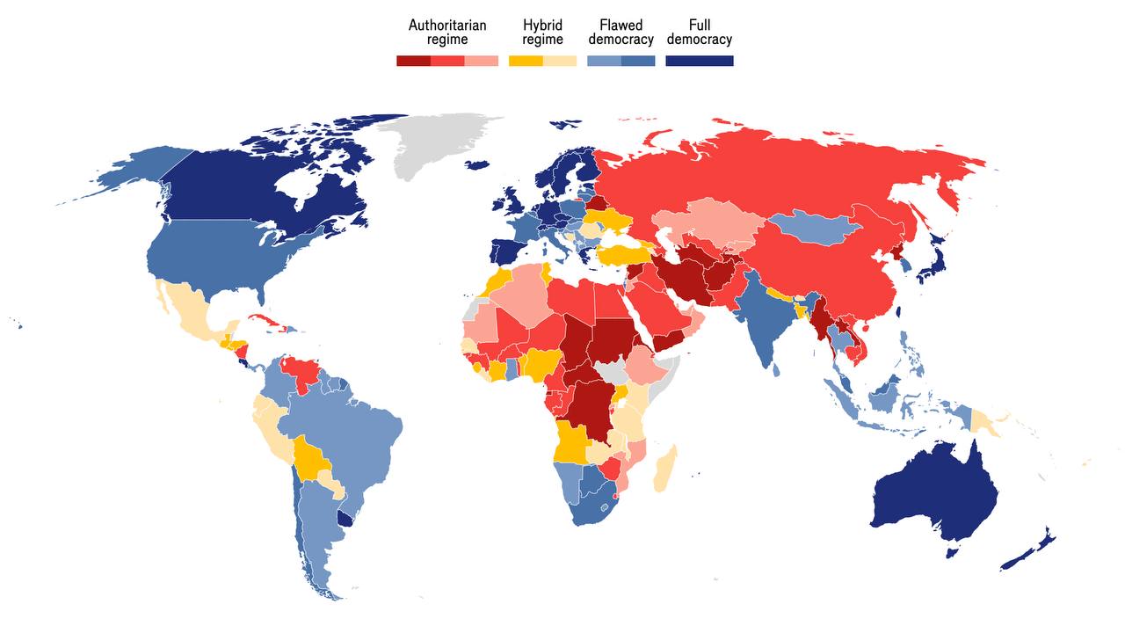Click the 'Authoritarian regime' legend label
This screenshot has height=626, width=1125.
click(446, 32)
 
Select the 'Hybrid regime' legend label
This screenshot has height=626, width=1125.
click(542, 32)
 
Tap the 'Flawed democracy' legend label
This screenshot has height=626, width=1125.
click(621, 32)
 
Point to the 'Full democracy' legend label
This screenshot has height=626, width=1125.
click(699, 32)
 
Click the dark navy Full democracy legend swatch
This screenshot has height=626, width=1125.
click(699, 61)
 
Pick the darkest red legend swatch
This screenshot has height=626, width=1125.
click(413, 61)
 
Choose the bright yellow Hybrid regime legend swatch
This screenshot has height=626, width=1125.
click(526, 61)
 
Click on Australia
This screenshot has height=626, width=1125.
click(936, 492)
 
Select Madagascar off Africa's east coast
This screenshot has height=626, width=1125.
click(665, 469)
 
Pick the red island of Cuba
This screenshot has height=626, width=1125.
click(269, 321)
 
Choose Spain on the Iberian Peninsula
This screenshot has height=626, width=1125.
click(508, 251)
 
